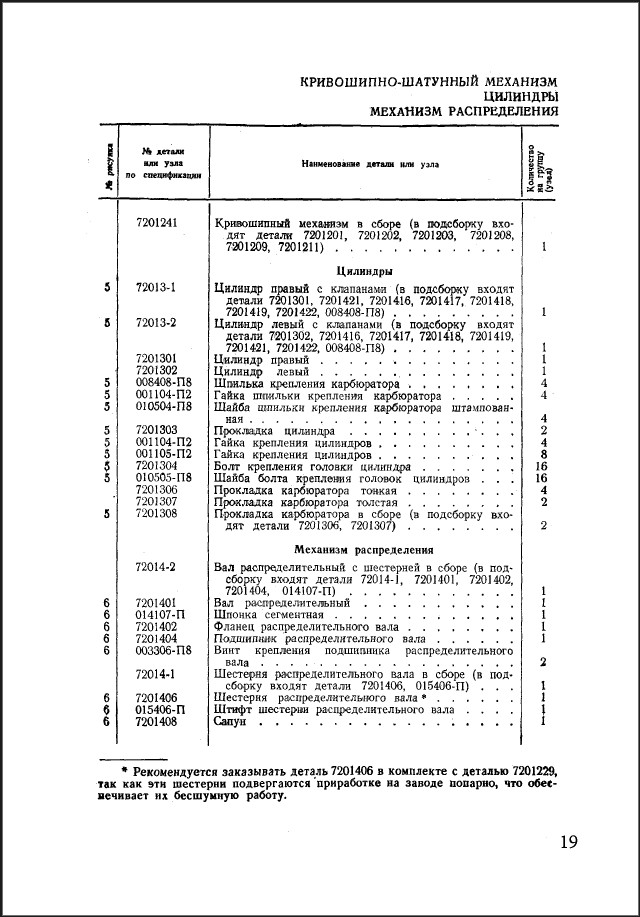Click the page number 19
click(x=568, y=841)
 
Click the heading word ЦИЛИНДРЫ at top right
click(x=521, y=96)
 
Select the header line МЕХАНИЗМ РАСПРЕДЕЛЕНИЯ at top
click(x=464, y=111)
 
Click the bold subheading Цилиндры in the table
click(x=363, y=270)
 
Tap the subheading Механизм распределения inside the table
click(x=363, y=550)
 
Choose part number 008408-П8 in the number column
click(x=163, y=383)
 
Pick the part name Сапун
click(x=231, y=720)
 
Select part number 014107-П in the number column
click(x=160, y=615)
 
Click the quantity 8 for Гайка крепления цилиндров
click(x=542, y=454)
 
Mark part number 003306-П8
click(x=163, y=650)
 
